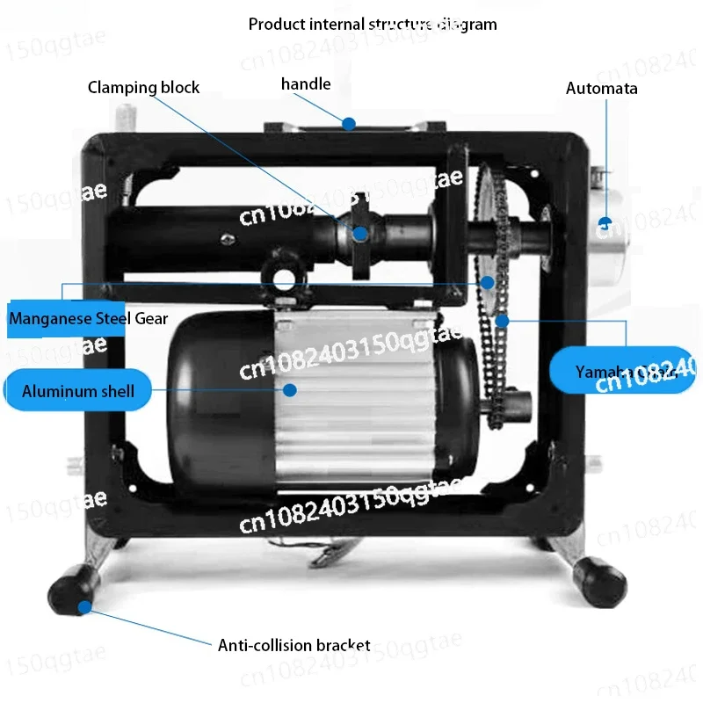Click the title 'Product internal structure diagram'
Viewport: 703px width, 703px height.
click(373, 24)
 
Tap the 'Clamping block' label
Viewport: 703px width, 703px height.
click(143, 87)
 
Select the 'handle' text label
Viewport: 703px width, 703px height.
click(306, 84)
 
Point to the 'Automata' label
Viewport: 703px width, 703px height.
click(602, 88)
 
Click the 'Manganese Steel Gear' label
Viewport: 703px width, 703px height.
click(88, 318)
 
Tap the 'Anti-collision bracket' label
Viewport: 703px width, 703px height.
click(294, 645)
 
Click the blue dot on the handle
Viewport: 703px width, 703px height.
click(349, 124)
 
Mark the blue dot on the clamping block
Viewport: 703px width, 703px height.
click(360, 234)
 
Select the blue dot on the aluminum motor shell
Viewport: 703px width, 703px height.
click(289, 388)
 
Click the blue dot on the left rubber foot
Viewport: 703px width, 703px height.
click(85, 606)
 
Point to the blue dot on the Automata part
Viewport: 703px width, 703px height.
click(605, 221)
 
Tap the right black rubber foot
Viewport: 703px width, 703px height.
click(601, 582)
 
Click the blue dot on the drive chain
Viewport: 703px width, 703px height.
click(502, 321)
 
